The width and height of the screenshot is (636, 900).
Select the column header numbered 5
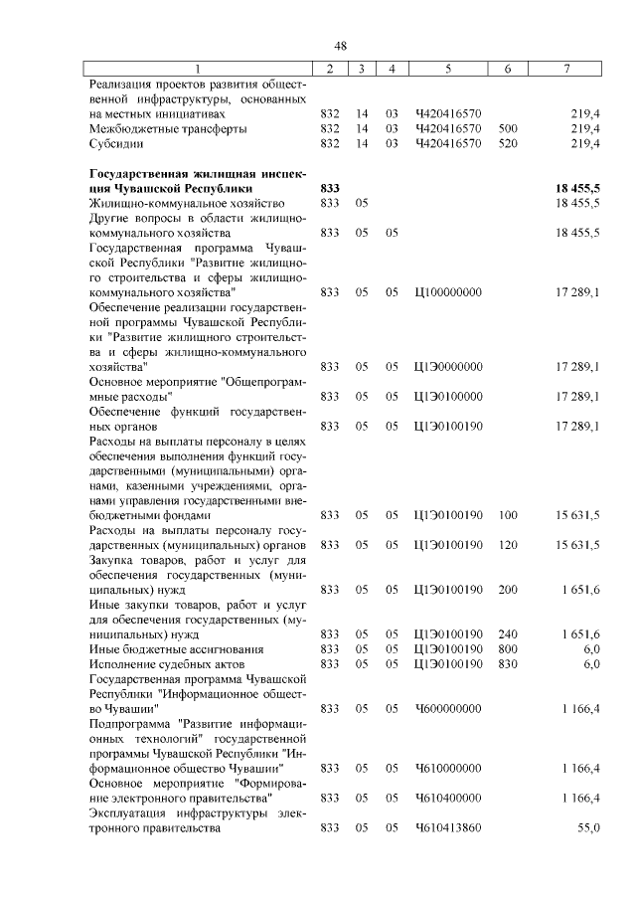click(448, 69)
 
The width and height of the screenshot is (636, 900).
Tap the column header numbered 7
click(565, 69)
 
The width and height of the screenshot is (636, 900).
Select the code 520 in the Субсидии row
click(508, 143)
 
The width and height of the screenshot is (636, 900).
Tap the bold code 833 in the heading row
click(331, 188)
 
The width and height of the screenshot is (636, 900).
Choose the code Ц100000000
click(448, 292)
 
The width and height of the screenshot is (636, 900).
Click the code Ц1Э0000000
click(448, 367)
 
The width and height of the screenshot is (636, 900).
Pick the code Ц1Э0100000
click(448, 397)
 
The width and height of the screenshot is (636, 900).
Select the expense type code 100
click(508, 515)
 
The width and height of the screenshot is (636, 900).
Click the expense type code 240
click(508, 634)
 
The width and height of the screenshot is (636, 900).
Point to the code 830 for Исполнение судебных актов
click(508, 664)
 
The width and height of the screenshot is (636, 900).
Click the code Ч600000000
click(448, 709)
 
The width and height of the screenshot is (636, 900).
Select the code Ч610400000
click(448, 799)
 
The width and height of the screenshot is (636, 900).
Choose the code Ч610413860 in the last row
click(448, 828)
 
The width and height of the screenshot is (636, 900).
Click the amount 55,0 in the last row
click(589, 828)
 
